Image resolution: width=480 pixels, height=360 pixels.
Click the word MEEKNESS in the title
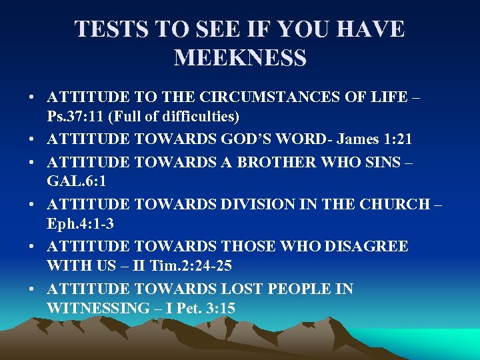pos(240,58)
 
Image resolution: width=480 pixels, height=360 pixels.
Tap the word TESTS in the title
pos(107,29)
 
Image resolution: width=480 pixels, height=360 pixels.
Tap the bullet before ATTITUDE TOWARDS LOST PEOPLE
pos(32,289)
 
